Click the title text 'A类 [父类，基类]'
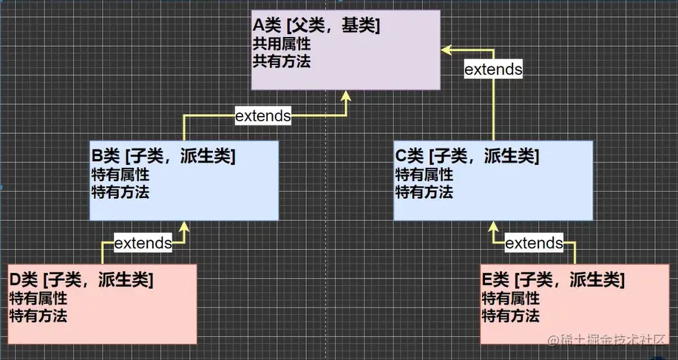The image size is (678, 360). coord(316,27)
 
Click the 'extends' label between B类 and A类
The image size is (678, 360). coord(262,115)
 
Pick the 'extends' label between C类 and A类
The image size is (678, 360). coord(493,69)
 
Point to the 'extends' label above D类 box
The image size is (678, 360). coord(143,242)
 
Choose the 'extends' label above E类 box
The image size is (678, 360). coord(534,242)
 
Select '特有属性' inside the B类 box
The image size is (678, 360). coord(120,175)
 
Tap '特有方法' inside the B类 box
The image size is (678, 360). coord(120,192)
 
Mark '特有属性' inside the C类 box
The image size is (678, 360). coord(424,175)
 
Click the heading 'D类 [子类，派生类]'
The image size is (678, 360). coord(81,280)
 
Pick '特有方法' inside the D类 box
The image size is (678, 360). coord(38,316)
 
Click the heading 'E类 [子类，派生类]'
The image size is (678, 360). coord(553,280)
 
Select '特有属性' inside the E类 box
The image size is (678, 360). coord(510,299)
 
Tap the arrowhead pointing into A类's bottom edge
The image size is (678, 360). coord(346,96)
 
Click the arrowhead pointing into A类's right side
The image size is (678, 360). coord(447,49)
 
